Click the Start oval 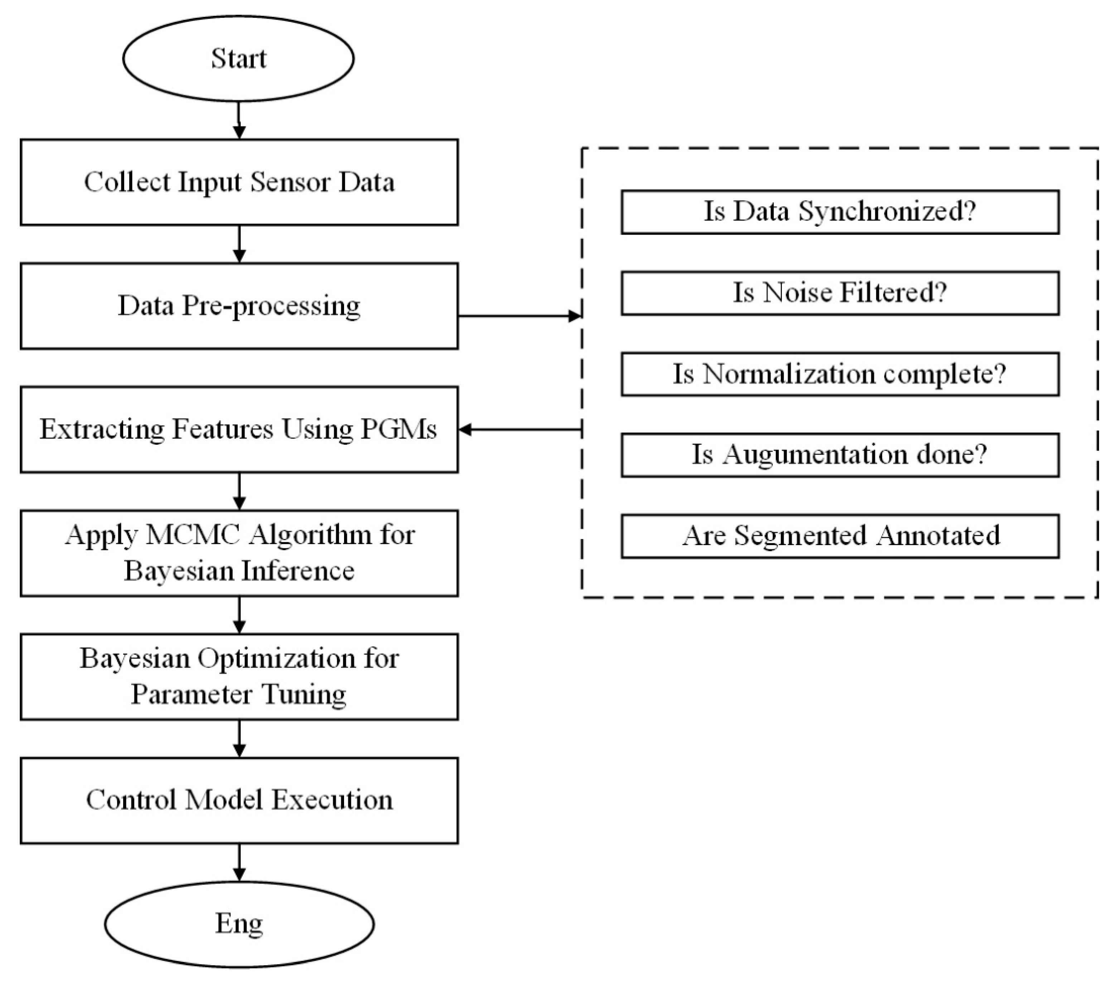point(238,58)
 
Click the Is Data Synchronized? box point(840,212)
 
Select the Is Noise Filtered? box point(840,293)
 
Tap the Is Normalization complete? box point(840,374)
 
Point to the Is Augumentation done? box point(840,455)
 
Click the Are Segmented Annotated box point(840,536)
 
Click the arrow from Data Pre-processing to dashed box point(519,316)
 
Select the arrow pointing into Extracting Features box point(519,430)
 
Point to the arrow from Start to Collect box point(239,120)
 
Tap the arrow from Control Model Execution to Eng point(239,862)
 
